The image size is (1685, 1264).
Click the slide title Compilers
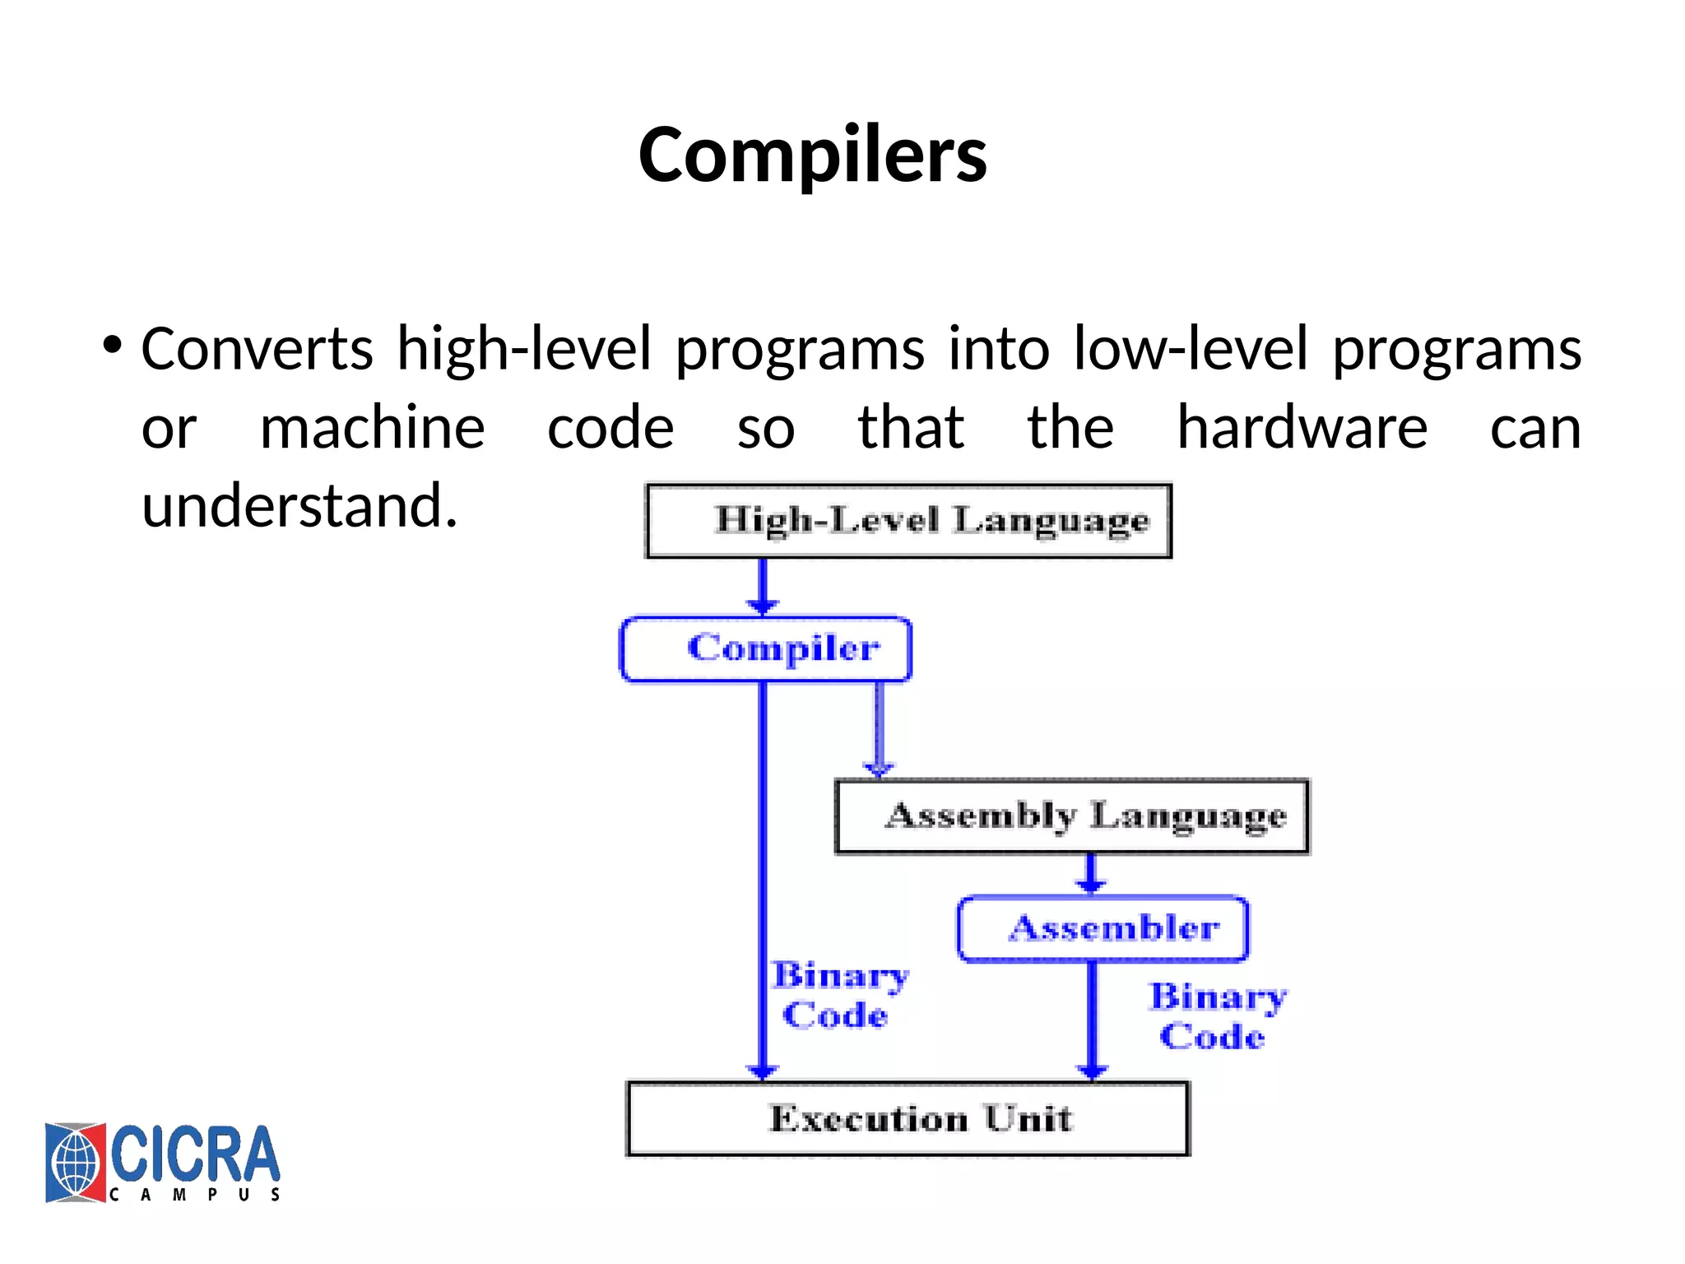coord(812,155)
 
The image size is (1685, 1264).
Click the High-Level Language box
coord(908,521)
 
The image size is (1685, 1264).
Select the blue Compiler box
coord(766,649)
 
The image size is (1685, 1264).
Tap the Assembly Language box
coord(1072,816)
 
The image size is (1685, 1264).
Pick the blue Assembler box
coord(1102,929)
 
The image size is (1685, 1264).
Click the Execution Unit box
coord(907,1119)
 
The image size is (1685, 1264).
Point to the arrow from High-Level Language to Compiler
coord(763,586)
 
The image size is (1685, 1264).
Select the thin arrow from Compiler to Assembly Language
coord(879,729)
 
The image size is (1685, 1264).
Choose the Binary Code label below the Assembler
coord(1217,1016)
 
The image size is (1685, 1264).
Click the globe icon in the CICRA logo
coord(75,1163)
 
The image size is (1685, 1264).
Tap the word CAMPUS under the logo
coord(195,1194)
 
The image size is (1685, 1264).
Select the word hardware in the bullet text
coord(1302,428)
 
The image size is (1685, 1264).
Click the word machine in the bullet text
coord(372,428)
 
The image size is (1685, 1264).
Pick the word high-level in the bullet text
coord(524,349)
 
